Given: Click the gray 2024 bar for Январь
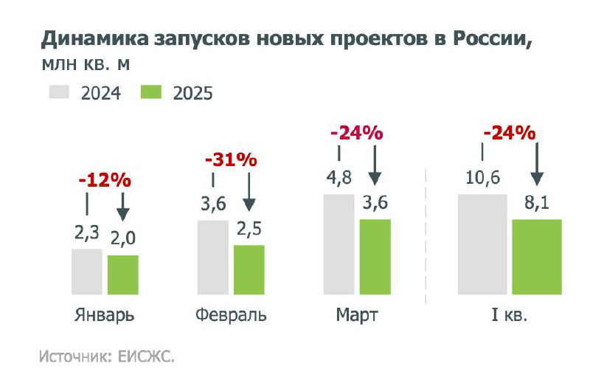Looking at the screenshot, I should point(86,272).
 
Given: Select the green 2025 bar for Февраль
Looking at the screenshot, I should point(249,270).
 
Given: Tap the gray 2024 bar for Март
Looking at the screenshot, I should point(339,244).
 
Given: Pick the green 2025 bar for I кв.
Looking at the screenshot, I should point(537,257).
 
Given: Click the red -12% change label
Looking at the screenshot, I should point(105,179).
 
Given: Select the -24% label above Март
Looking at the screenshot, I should point(357,134).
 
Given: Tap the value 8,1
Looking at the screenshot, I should point(538,204).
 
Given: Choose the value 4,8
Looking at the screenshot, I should point(339,179).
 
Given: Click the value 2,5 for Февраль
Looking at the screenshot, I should point(249,230).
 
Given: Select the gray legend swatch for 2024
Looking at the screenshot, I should point(59,93).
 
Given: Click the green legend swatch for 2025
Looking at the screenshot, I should point(151,93).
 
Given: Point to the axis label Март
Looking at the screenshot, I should point(357,315).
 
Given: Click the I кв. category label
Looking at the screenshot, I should point(510,315).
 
